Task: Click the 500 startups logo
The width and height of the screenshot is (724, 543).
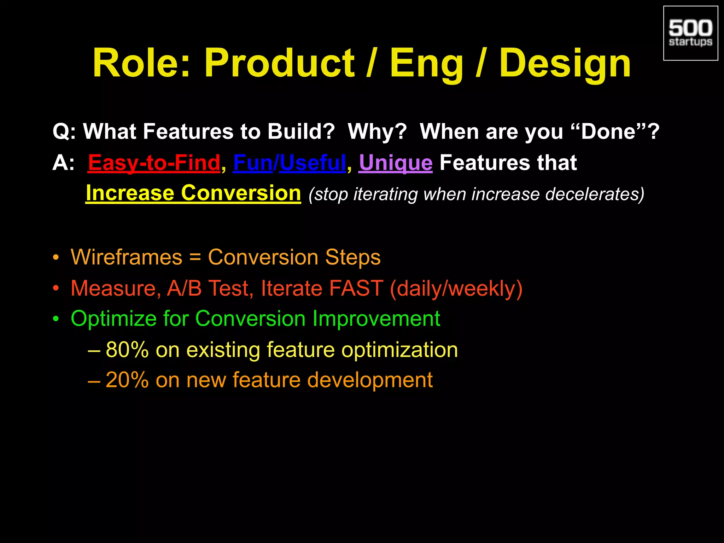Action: [x=690, y=33]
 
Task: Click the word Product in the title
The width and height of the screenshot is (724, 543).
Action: [x=279, y=64]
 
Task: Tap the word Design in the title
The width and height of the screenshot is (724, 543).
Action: [x=565, y=64]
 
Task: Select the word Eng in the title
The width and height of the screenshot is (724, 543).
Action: [x=426, y=64]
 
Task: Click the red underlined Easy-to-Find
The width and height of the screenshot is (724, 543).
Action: [x=154, y=163]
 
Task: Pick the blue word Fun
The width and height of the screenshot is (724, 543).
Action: [x=253, y=163]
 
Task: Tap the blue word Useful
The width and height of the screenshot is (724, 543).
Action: [x=313, y=163]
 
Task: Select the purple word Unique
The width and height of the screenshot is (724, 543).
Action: [x=395, y=163]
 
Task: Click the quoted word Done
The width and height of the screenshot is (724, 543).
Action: [x=608, y=132]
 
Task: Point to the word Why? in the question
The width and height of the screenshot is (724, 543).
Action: [x=377, y=132]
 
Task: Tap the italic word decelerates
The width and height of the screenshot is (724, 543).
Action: [x=595, y=194]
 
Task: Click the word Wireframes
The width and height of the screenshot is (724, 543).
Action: [x=126, y=257]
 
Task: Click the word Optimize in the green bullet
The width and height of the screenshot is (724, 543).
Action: [x=113, y=319]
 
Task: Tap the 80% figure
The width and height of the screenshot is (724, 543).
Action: [x=127, y=350]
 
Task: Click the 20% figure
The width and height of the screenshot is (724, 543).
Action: [x=127, y=380]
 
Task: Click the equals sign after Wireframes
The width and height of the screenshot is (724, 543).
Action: [x=195, y=258]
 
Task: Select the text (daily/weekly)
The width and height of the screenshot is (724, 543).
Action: [x=456, y=288]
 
